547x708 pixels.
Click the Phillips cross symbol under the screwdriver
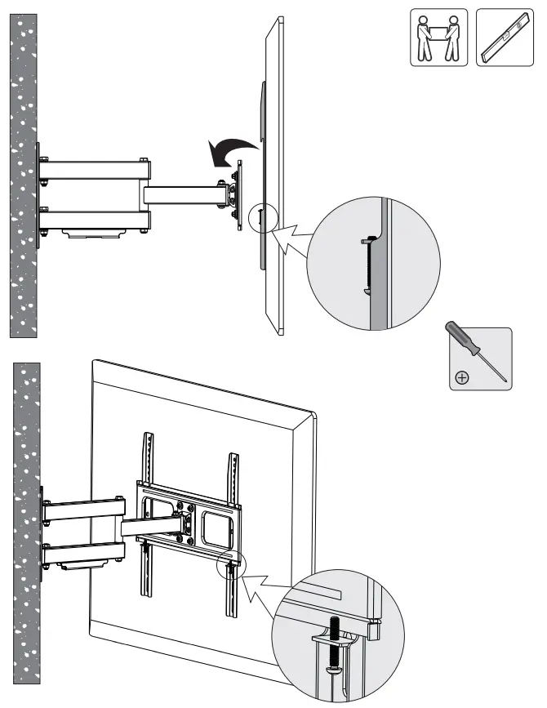pyautogui.click(x=462, y=378)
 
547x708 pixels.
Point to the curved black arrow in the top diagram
pyautogui.click(x=229, y=149)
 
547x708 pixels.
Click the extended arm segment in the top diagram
pyautogui.click(x=184, y=194)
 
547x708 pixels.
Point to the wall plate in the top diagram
pyautogui.click(x=39, y=195)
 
